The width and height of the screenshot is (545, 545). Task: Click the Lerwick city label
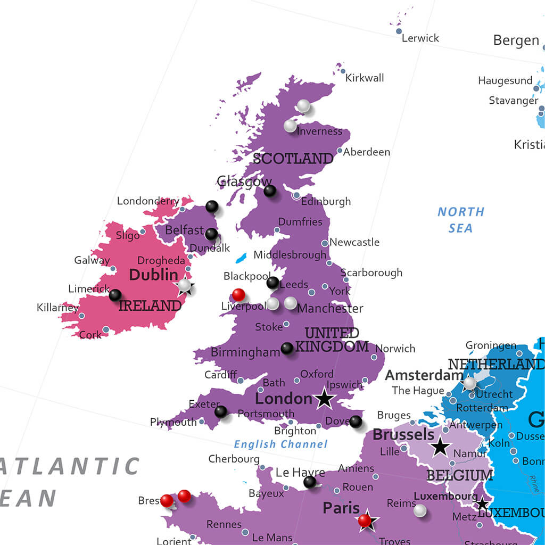(420, 38)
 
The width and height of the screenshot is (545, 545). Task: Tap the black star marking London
(324, 399)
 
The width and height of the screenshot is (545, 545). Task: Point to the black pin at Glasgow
(270, 191)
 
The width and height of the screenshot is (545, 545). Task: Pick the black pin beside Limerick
(115, 295)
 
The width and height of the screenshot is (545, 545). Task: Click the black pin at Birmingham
(287, 348)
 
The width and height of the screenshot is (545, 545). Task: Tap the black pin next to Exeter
(220, 411)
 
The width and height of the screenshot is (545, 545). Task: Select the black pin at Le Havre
(309, 482)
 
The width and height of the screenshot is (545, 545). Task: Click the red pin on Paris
(365, 520)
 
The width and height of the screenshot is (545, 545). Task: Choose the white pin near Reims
(420, 510)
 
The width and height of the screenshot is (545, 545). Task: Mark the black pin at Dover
(356, 422)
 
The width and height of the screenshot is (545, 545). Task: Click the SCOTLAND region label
(293, 159)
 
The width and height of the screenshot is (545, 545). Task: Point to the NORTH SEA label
(461, 220)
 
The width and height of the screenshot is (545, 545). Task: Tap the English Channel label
(280, 444)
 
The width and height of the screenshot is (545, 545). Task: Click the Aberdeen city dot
(340, 151)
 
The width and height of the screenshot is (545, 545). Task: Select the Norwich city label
(395, 349)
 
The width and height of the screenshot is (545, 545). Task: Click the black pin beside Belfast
(211, 234)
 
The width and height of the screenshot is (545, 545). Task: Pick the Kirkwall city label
(365, 78)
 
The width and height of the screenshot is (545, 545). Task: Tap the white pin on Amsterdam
(469, 383)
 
